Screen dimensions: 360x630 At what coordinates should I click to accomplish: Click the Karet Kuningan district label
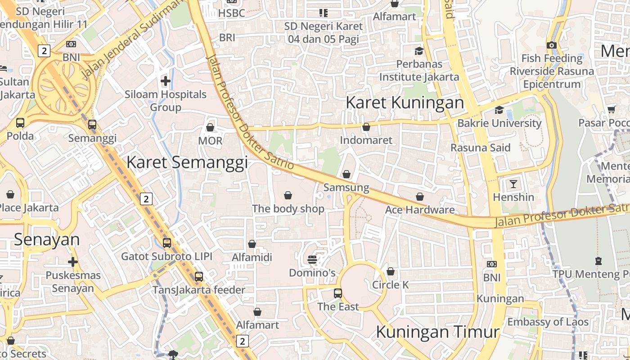click(405, 103)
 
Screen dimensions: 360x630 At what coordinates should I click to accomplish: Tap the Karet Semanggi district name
click(187, 162)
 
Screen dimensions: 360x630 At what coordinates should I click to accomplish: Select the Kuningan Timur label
click(437, 332)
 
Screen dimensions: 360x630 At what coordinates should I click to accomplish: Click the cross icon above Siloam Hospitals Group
click(166, 81)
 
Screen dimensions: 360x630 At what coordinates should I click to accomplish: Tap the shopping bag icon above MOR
click(210, 128)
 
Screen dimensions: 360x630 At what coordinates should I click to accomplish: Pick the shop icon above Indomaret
click(366, 127)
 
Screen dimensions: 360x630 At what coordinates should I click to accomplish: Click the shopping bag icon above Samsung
click(346, 174)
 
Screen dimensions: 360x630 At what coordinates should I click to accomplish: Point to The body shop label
click(288, 209)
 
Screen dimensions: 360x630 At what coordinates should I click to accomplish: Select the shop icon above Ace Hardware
click(420, 197)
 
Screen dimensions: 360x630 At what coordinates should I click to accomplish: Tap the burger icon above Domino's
click(312, 259)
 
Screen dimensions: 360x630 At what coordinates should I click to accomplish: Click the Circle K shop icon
click(391, 272)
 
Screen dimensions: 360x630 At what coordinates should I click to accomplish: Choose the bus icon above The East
click(338, 293)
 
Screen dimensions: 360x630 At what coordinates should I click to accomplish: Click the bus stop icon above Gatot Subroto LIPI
click(167, 243)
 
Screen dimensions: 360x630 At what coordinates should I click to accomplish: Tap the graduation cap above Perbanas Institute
click(419, 51)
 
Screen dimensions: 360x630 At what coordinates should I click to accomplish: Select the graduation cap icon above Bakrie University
click(499, 110)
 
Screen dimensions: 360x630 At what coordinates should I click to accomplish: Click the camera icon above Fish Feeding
click(552, 45)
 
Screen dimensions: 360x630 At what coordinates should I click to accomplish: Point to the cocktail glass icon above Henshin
click(513, 184)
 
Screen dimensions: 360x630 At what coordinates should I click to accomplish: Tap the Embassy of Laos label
click(548, 322)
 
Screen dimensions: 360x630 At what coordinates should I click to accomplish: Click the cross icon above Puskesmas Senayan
click(73, 262)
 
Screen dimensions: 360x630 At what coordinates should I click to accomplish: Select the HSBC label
click(231, 13)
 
